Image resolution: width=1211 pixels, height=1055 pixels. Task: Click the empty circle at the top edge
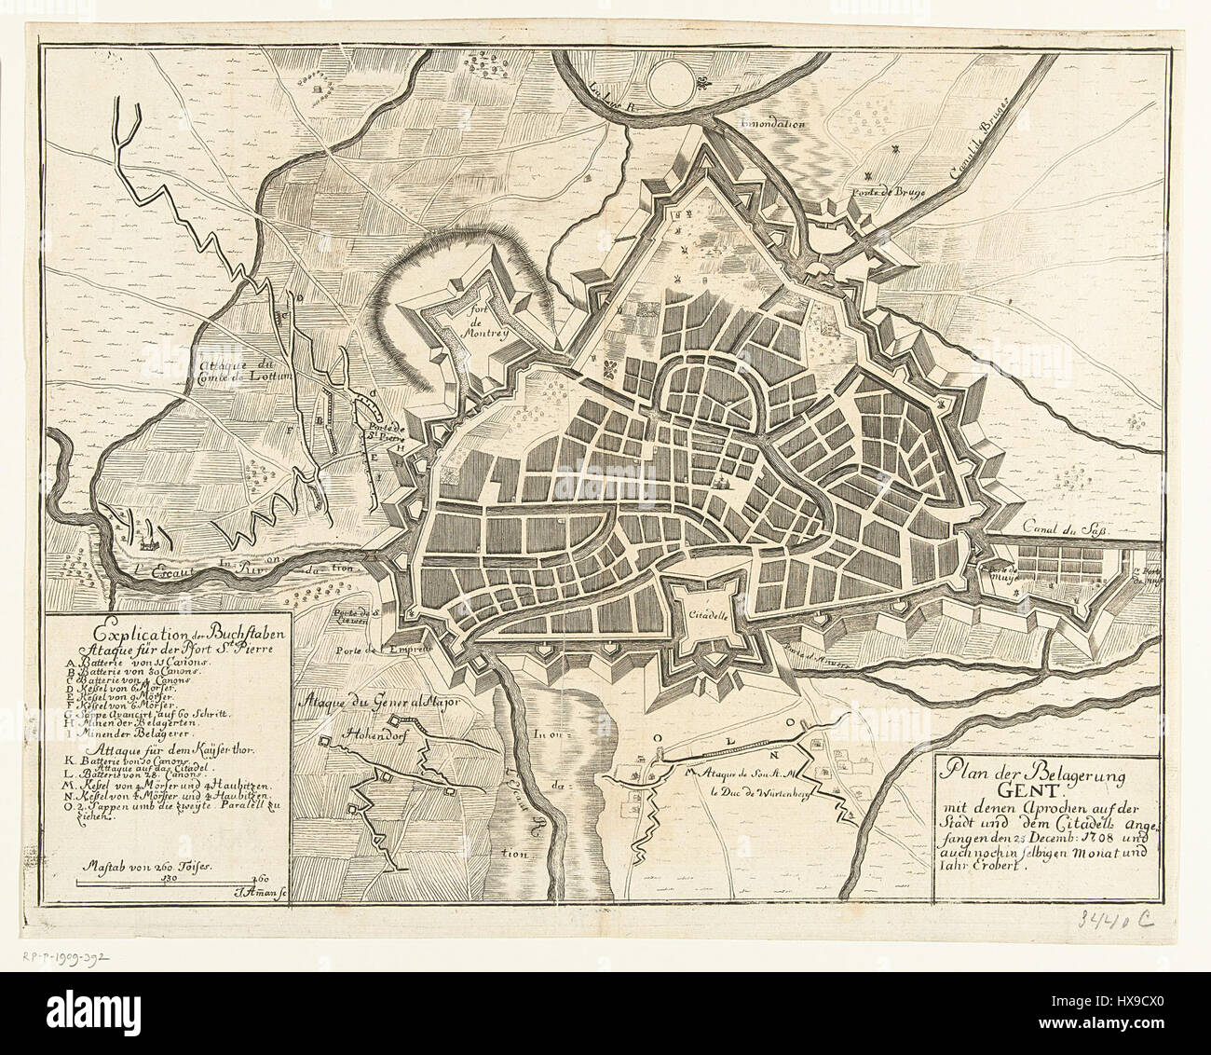[689, 78]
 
